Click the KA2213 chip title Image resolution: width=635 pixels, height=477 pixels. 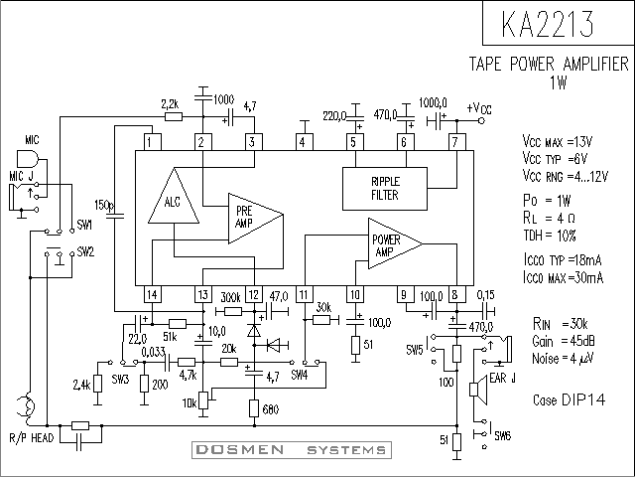[548, 23]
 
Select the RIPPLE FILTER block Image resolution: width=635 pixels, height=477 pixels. [385, 189]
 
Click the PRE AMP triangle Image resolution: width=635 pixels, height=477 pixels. [256, 219]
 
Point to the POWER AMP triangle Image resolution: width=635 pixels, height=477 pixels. [395, 243]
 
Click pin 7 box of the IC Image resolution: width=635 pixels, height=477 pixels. [456, 142]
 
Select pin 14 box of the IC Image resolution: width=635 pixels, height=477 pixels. [153, 294]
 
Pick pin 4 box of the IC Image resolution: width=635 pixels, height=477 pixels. [303, 142]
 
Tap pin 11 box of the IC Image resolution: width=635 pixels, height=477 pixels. [305, 294]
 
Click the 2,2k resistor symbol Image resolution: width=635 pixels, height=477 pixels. [174, 117]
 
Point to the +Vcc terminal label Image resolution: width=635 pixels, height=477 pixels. [479, 108]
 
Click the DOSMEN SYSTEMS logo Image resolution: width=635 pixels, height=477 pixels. [292, 450]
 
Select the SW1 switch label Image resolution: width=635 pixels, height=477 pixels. [84, 226]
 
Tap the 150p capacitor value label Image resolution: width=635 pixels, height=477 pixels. [103, 205]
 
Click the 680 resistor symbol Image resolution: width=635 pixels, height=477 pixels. [254, 408]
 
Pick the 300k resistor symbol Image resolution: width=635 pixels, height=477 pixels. [233, 311]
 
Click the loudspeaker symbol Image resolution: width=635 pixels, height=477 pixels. [478, 390]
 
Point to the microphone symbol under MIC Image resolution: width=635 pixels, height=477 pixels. [28, 159]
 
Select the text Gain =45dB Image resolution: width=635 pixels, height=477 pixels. [564, 341]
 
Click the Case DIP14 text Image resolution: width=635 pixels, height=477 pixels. [569, 400]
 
